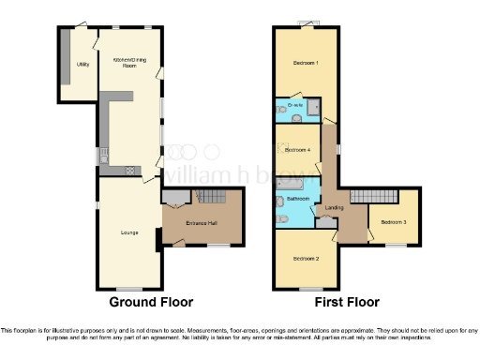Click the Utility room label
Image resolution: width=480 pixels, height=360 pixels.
(82, 65)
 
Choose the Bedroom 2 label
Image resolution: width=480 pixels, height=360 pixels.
(305, 258)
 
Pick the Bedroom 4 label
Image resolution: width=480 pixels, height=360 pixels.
(297, 150)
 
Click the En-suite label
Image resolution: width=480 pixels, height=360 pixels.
(297, 105)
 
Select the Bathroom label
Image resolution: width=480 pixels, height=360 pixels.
(298, 199)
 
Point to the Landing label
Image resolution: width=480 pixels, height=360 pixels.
(334, 207)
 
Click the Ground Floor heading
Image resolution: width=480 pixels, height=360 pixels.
(151, 302)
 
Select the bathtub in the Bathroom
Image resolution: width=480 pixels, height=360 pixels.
(281, 200)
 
